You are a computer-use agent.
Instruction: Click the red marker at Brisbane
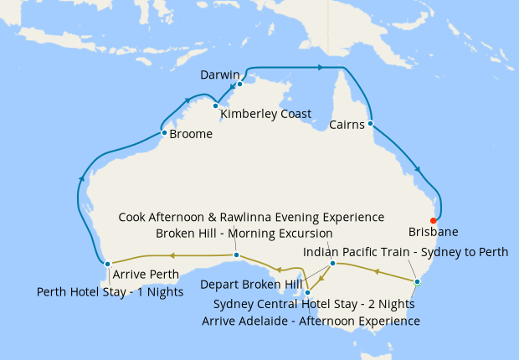coord(433,221)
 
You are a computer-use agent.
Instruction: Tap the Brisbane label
coord(433,232)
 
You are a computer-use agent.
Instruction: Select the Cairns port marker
coord(370,124)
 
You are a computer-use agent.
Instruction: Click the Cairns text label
coord(346,126)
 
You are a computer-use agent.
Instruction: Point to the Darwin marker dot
coord(239,84)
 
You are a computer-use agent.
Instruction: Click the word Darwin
coord(220,75)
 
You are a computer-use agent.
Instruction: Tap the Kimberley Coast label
coord(265,114)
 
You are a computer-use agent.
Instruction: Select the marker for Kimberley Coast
coord(215,105)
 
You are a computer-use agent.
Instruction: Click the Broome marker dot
coord(162,132)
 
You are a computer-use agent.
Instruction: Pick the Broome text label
coord(190,133)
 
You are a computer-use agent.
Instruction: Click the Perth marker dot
coord(107,264)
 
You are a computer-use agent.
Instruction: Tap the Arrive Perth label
coord(145,275)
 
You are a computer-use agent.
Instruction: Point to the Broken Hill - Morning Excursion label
coord(244,233)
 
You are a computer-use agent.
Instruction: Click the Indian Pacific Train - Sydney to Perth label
coord(405,252)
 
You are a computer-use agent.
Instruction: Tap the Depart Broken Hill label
coord(251,284)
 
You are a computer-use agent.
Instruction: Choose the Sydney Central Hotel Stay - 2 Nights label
coord(314,304)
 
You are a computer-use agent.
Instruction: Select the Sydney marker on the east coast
coord(417,281)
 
